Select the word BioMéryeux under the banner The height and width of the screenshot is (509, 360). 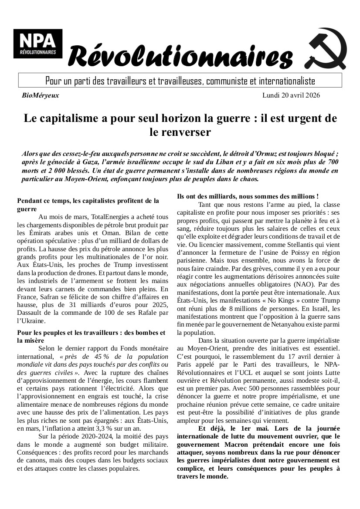[40, 95]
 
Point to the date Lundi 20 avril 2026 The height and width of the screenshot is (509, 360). [291, 95]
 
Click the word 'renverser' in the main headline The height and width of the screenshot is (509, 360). [180, 132]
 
